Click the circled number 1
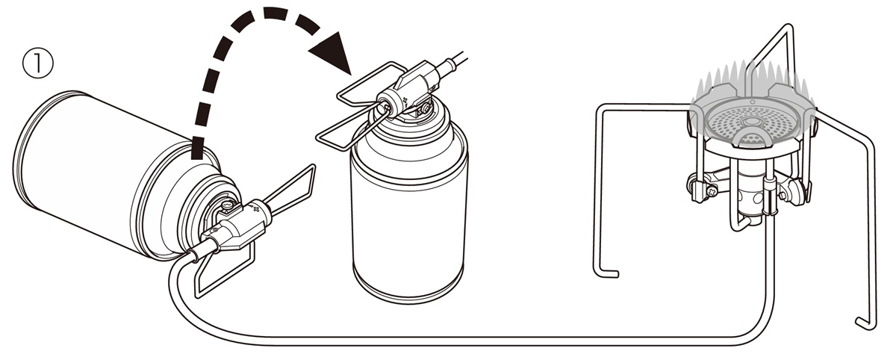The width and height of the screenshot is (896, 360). [x=37, y=64]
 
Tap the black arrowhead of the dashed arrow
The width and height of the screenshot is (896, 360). [x=331, y=52]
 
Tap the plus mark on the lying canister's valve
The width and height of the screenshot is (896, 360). [x=257, y=209]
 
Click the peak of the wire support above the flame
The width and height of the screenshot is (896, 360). [x=788, y=27]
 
